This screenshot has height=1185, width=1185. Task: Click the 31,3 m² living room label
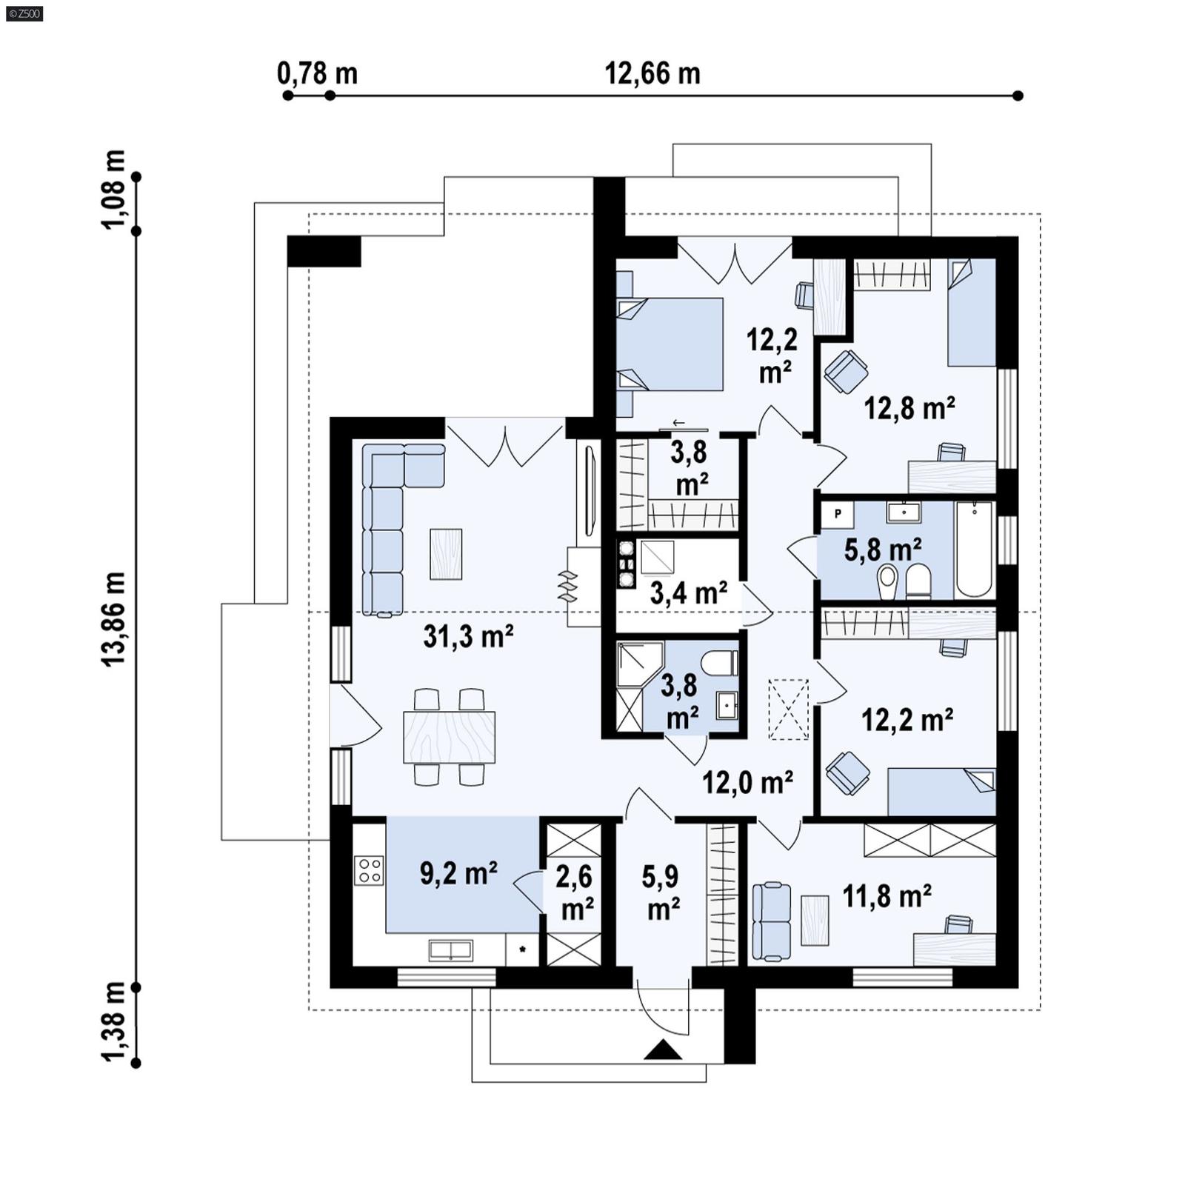[x=468, y=636]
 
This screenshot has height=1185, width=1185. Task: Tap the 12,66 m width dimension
[x=652, y=74]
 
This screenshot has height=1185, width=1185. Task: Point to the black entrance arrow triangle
[x=662, y=1050]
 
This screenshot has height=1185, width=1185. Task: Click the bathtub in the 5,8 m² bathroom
[x=973, y=549]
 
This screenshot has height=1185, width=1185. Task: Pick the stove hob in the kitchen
[x=369, y=870]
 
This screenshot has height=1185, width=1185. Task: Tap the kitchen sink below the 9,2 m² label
[x=450, y=950]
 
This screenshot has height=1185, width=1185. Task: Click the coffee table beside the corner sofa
[x=446, y=553]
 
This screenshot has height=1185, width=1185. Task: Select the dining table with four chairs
[x=449, y=737]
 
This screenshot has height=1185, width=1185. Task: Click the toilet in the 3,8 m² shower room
[x=721, y=662]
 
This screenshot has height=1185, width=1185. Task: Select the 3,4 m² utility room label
[x=688, y=592]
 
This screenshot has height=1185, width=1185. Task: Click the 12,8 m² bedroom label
[x=909, y=408]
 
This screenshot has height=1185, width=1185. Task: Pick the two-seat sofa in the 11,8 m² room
[x=771, y=921]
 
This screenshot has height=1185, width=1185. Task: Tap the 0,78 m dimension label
[x=317, y=74]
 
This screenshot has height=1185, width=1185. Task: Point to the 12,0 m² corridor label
[x=747, y=781]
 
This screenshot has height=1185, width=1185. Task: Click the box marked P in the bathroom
[x=838, y=513]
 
